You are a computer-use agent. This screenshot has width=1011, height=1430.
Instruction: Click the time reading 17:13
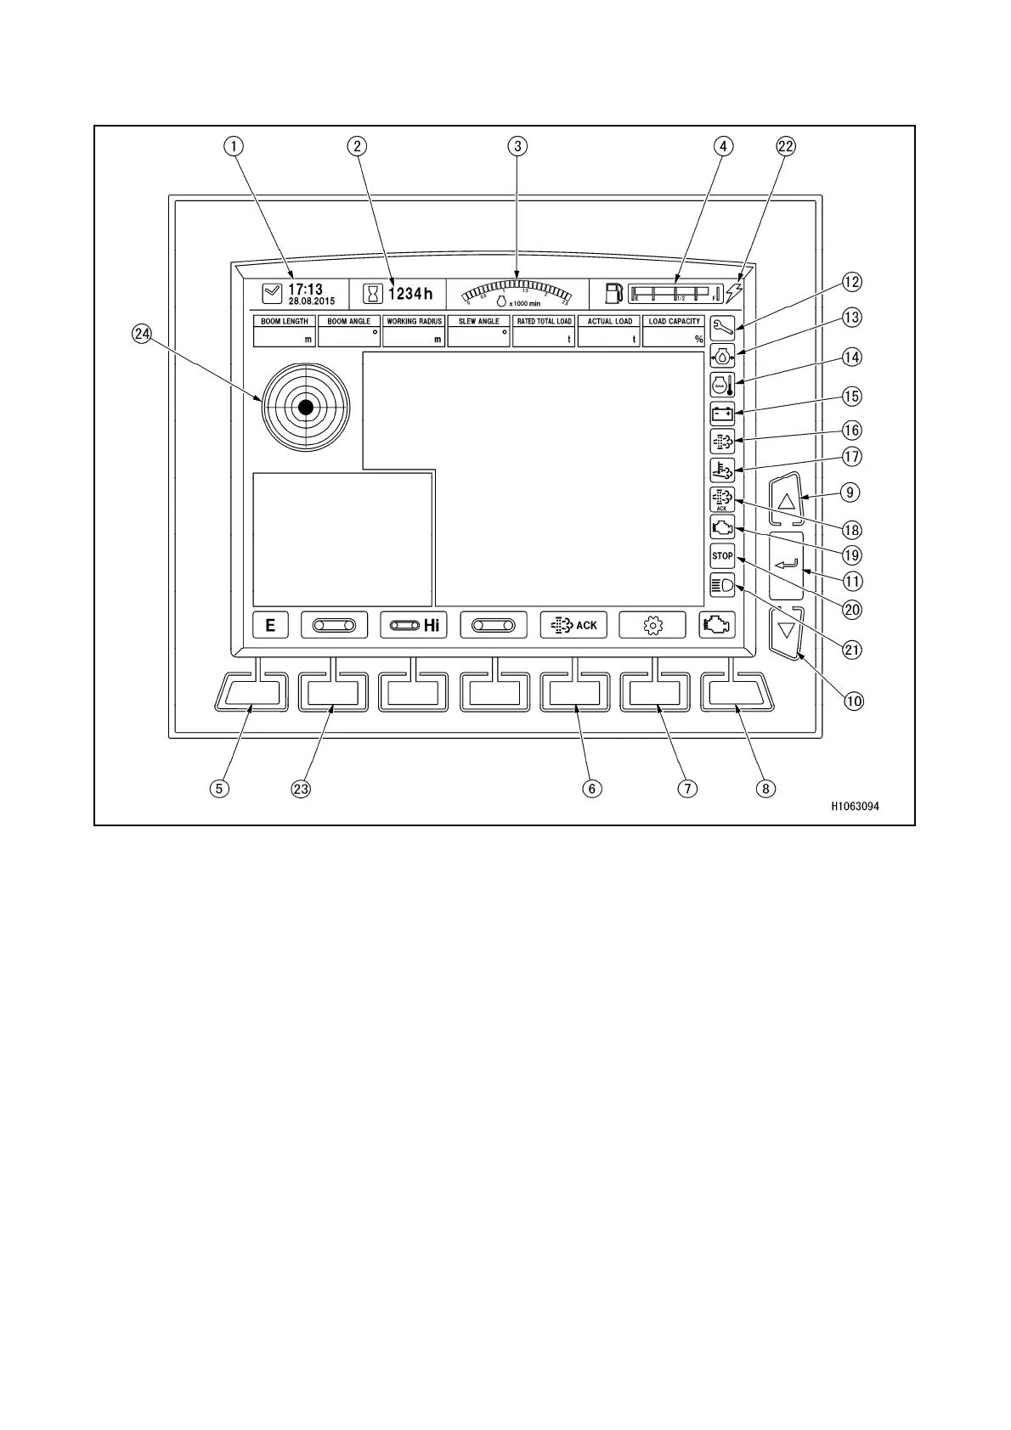pos(305,290)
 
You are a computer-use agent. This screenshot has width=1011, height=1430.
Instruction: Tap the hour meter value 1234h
pos(410,294)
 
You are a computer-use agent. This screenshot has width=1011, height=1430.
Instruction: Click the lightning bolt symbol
pos(734,293)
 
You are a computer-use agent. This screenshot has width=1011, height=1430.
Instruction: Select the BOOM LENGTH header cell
pos(285,322)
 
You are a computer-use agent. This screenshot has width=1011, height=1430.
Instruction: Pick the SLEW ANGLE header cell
pos(479,322)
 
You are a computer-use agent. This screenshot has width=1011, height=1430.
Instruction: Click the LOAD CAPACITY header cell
pos(675,322)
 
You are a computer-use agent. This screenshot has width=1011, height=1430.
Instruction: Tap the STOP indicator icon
pos(722,556)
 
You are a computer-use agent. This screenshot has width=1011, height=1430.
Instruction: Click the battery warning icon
pos(722,414)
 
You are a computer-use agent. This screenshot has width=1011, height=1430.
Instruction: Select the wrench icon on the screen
pos(722,327)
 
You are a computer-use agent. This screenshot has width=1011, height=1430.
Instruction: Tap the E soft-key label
pos(271,626)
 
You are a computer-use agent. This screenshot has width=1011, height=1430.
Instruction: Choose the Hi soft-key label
pos(414,626)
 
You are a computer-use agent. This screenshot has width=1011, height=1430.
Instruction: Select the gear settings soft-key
pos(652,626)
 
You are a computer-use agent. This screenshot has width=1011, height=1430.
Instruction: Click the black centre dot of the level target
pos(306,408)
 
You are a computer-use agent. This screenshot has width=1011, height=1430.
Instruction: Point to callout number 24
pos(141,335)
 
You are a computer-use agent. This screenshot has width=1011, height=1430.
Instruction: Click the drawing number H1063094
pos(855,807)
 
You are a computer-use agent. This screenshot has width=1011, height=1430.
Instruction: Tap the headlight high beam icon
pos(722,585)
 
